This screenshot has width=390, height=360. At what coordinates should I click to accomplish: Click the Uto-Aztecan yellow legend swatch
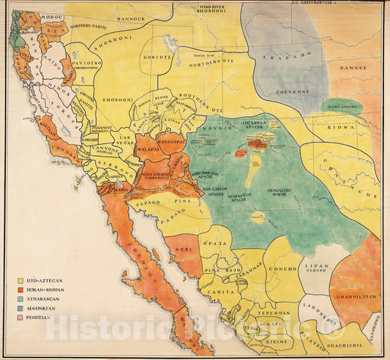(20, 280)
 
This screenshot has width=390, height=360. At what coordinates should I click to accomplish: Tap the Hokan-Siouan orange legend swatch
(20, 290)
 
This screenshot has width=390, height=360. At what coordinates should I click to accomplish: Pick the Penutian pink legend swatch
(20, 318)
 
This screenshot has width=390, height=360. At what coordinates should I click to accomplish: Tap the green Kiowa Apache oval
(344, 106)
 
